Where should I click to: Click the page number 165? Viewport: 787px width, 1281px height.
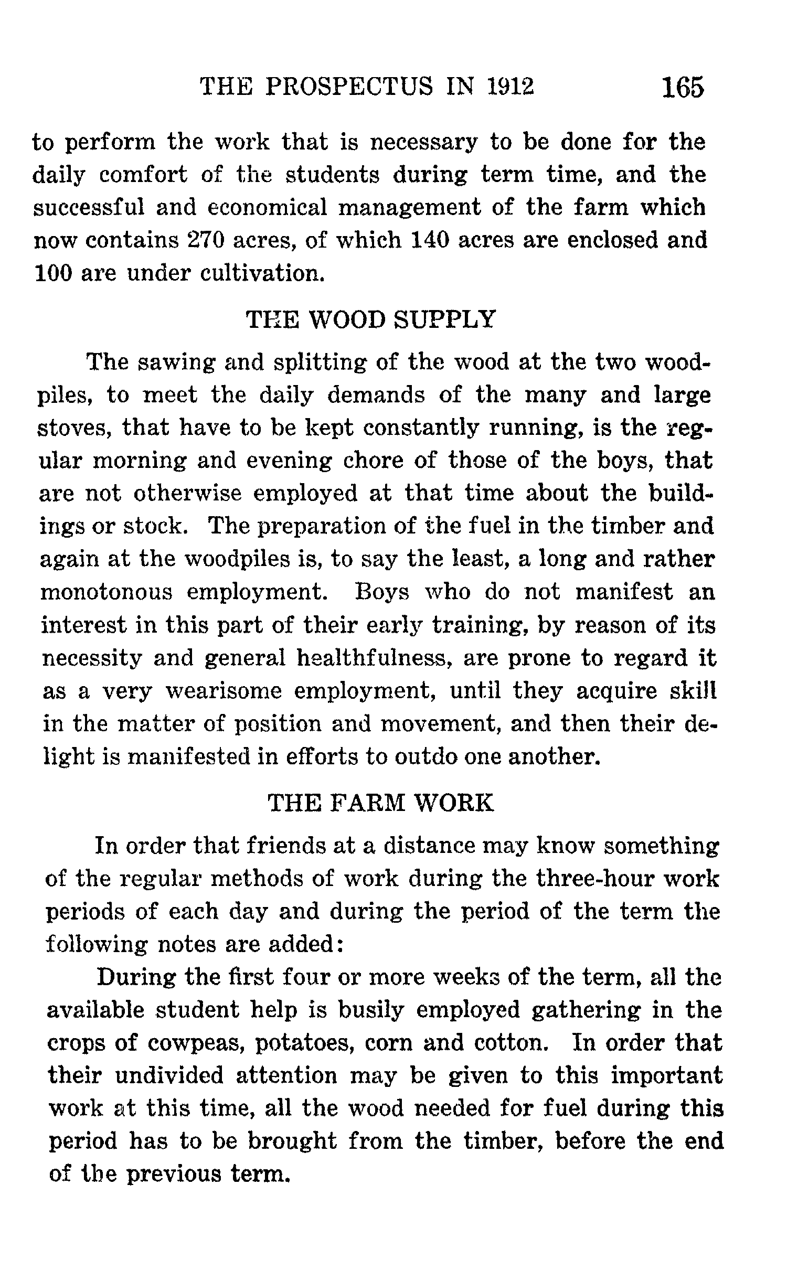pyautogui.click(x=682, y=88)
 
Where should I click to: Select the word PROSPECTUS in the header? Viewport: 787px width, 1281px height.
pyautogui.click(x=350, y=87)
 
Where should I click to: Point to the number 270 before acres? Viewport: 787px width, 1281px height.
pyautogui.click(x=206, y=240)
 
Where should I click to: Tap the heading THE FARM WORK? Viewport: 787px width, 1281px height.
pyautogui.click(x=381, y=803)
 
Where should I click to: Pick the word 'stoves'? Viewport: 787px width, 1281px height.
pyautogui.click(x=73, y=428)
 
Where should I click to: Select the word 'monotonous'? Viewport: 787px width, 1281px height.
pyautogui.click(x=107, y=592)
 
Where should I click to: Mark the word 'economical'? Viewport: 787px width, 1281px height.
pyautogui.click(x=268, y=208)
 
